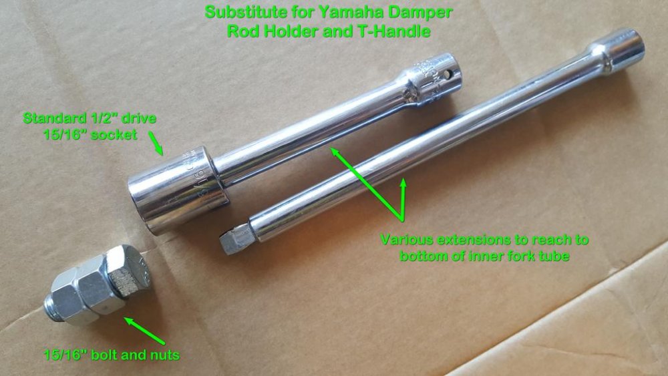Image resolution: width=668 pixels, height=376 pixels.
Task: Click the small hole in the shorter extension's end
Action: click(x=447, y=75)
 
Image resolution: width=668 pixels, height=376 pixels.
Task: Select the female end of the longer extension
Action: click(x=618, y=49)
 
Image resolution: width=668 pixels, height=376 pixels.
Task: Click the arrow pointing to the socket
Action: click(x=156, y=143)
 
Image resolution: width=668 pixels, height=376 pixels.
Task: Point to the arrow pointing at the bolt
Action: click(x=144, y=331)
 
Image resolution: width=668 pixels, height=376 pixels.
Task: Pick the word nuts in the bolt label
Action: click(x=165, y=355)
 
